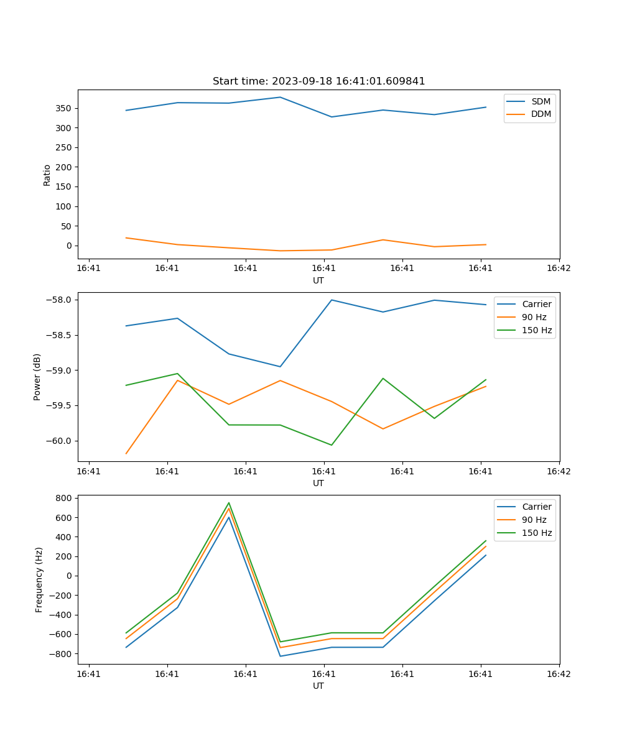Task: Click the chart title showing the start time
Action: click(318, 81)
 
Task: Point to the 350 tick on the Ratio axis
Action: click(64, 108)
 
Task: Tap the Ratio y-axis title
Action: click(47, 175)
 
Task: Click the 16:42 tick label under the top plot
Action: click(559, 269)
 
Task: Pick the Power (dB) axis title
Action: click(37, 377)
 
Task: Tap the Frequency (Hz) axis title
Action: click(39, 579)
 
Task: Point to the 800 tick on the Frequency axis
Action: click(65, 498)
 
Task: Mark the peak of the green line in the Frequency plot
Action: click(229, 503)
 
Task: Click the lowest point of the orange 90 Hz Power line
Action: click(126, 454)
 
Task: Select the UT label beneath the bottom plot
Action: click(318, 686)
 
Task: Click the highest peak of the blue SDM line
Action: click(281, 97)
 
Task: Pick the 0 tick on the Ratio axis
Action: click(70, 246)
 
